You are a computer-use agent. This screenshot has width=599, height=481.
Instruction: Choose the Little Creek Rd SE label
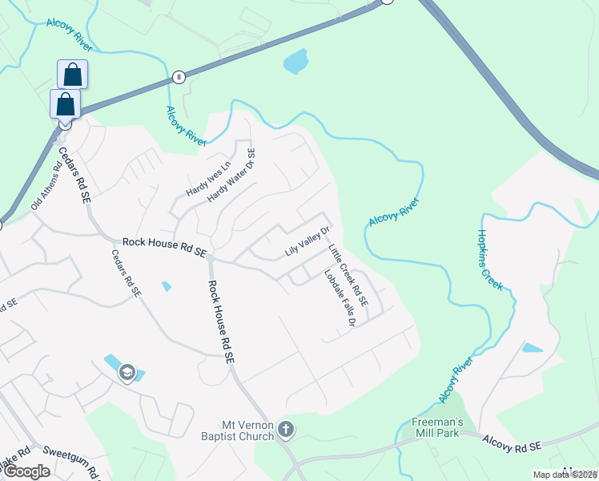[x=348, y=277]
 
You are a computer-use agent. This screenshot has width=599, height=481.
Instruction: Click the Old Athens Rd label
[x=46, y=188]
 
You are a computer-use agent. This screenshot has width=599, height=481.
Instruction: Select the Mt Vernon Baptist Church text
[x=249, y=430]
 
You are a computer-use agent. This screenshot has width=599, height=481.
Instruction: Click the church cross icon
[x=286, y=430]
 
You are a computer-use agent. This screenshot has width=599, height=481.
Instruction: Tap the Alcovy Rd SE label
[x=513, y=442]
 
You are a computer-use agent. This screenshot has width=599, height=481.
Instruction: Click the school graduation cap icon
[x=127, y=372]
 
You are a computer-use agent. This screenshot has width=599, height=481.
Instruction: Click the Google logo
[x=26, y=471]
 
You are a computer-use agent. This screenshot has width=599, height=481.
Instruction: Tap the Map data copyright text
[x=565, y=475]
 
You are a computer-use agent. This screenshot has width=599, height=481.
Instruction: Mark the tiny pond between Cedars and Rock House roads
[x=166, y=285]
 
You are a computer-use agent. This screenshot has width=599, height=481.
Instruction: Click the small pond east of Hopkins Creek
[x=532, y=348]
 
